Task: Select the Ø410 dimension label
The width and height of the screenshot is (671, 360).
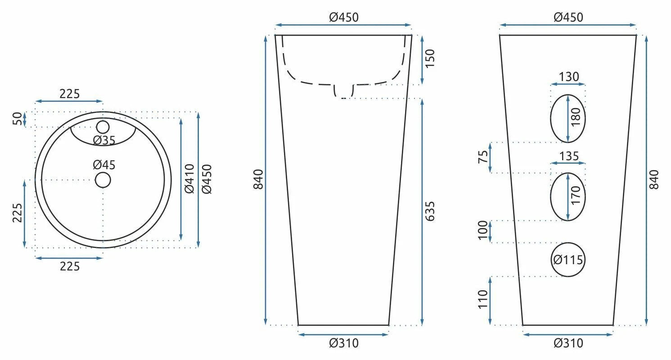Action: [189, 179]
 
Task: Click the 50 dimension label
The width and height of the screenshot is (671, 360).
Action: [18, 119]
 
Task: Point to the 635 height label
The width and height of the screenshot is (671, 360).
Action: [430, 211]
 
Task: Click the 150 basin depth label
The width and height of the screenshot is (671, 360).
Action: [430, 58]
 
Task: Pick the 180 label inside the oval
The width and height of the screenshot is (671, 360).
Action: [576, 117]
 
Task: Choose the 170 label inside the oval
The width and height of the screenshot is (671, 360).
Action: [576, 195]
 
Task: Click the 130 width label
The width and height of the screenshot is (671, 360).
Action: [569, 77]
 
